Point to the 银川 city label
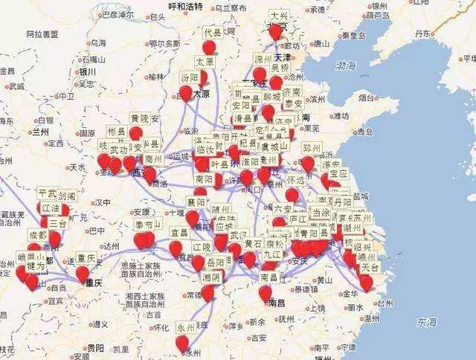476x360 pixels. (x=87, y=71)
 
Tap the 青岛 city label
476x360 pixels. (x=364, y=132)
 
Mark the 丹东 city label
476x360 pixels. (x=425, y=33)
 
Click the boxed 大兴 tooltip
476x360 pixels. (x=279, y=15)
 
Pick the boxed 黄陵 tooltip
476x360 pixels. (x=139, y=118)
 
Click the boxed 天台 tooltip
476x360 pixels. (x=369, y=267)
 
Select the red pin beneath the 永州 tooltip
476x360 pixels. (x=182, y=342)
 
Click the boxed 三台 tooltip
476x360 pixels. (x=57, y=223)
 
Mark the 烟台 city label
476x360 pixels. (x=367, y=97)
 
